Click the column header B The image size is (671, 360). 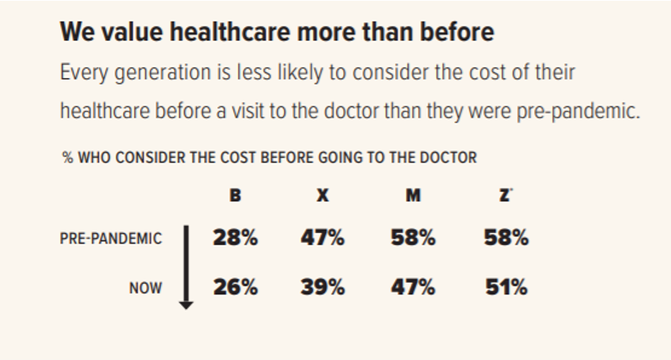click(x=235, y=196)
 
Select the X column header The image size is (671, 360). click(x=323, y=196)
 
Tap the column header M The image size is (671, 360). click(x=413, y=196)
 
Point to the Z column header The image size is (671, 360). click(x=505, y=196)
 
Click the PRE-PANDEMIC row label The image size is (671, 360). click(x=111, y=239)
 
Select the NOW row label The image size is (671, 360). click(x=145, y=289)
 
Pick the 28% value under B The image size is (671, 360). click(x=235, y=239)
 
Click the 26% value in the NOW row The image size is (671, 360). click(x=235, y=289)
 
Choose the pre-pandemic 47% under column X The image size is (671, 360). click(x=323, y=239)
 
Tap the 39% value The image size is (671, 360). click(x=323, y=289)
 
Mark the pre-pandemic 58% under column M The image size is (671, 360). click(x=413, y=239)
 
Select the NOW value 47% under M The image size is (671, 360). click(x=413, y=289)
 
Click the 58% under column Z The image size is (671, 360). click(x=506, y=239)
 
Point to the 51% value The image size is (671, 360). click(x=506, y=289)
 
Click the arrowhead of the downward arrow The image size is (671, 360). click(x=187, y=304)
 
